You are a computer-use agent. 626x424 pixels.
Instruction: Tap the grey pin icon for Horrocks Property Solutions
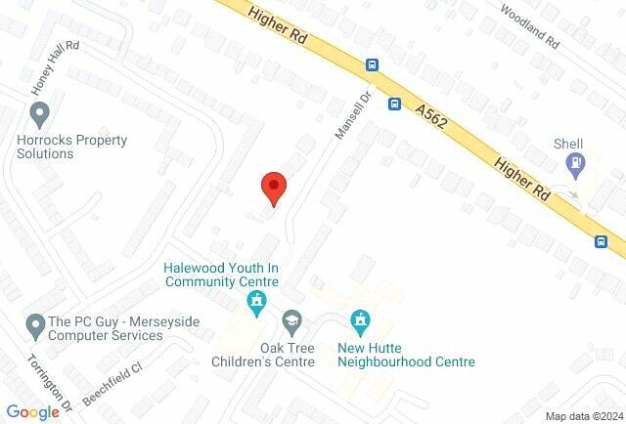click(x=39, y=116)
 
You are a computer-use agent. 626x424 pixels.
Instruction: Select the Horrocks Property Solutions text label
click(x=72, y=148)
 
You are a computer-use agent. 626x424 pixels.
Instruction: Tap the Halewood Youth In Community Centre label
click(x=222, y=275)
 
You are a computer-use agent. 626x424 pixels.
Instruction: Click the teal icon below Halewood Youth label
click(x=257, y=302)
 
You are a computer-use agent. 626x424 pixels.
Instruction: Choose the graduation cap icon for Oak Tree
click(x=291, y=320)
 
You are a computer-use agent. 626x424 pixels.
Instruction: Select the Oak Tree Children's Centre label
click(x=274, y=354)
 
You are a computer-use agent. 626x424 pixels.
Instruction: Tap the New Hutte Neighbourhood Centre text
click(x=406, y=354)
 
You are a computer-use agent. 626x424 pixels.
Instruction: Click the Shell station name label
click(x=568, y=144)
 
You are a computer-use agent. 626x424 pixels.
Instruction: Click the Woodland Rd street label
click(x=528, y=26)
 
